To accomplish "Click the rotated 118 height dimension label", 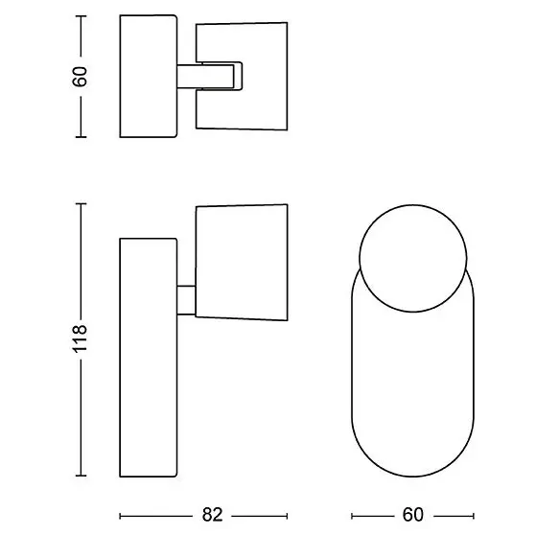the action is click(x=80, y=338).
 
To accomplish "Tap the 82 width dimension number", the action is click(x=212, y=515).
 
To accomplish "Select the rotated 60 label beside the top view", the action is click(x=80, y=77).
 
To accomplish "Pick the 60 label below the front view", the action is click(x=413, y=515).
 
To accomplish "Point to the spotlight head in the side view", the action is click(x=242, y=263).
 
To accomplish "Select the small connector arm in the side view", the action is click(x=186, y=300).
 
